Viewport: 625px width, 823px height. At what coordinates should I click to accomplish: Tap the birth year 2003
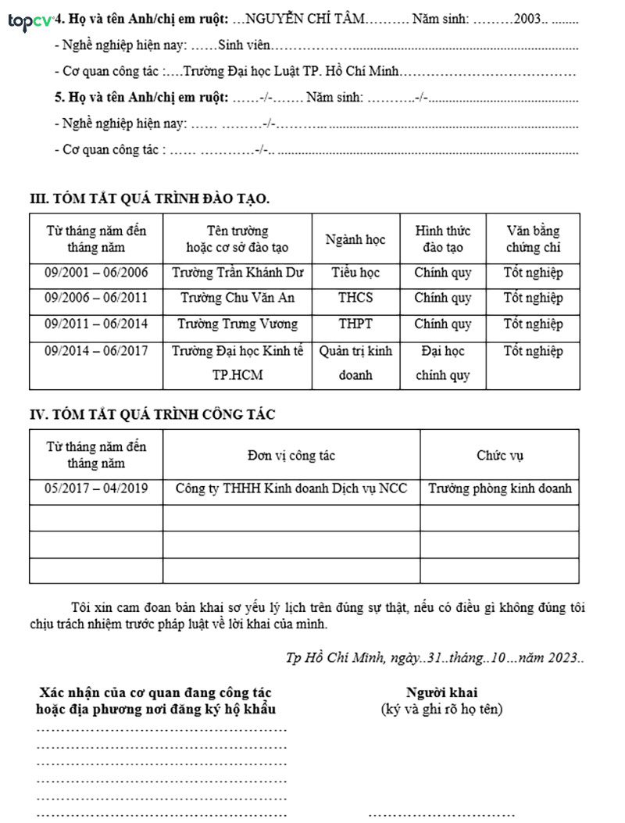pos(528,18)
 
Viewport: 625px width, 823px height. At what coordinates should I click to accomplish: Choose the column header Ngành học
pos(355,239)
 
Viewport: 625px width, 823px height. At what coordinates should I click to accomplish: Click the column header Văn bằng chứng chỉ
pos(533,239)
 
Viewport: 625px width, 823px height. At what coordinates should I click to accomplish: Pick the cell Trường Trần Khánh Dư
pos(237,274)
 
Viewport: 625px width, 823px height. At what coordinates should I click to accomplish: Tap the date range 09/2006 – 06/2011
pos(96,298)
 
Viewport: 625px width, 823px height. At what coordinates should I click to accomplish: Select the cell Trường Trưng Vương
pos(237,324)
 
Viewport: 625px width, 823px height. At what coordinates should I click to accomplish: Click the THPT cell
pos(355,324)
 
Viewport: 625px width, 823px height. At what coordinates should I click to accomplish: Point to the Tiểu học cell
pos(355,274)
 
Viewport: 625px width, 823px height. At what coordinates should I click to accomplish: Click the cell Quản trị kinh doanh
pos(355,363)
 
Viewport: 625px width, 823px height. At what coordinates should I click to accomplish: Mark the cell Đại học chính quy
pos(443,363)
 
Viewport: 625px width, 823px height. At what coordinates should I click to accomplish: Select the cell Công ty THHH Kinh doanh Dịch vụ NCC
pos(291,488)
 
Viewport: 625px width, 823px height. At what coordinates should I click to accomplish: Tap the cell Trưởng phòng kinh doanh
pos(500,488)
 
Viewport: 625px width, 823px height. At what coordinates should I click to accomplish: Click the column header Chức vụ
pos(500,455)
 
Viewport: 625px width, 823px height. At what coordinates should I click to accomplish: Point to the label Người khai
pos(441,692)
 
